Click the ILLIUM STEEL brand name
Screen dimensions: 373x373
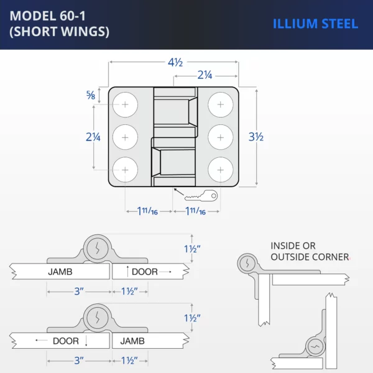pos(315,24)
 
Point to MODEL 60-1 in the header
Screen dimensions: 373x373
pos(48,16)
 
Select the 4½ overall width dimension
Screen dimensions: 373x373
pos(175,62)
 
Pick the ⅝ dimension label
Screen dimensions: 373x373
pos(91,95)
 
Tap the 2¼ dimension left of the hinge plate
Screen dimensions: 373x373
pos(93,137)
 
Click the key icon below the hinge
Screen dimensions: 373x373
pos(201,196)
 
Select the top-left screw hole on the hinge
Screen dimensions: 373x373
pos(126,104)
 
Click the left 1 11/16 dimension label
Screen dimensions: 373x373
pos(147,211)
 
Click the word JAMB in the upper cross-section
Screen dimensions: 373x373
pos(60,272)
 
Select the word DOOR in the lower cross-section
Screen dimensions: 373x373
pos(65,341)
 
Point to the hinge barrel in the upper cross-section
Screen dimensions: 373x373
pos(96,249)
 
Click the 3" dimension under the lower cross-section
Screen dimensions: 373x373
pos(78,360)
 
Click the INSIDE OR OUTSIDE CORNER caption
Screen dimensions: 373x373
pos(309,251)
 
